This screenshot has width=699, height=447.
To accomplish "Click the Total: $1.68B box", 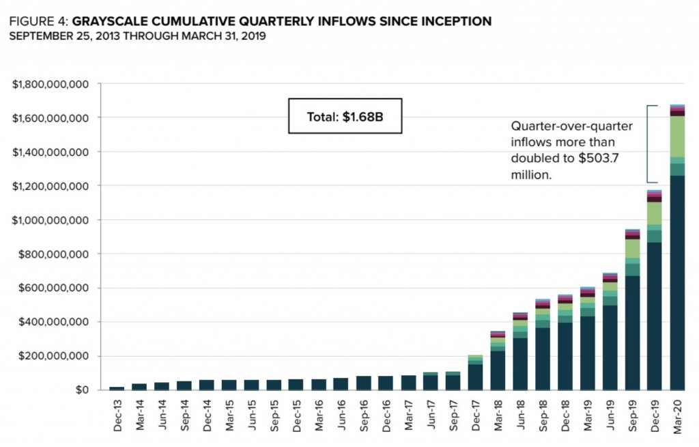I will coord(345,117).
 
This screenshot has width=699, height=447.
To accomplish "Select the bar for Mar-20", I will coord(678,273).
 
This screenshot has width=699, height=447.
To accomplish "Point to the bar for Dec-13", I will coord(116,388).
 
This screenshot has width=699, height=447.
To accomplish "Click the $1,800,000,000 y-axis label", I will coord(51,84).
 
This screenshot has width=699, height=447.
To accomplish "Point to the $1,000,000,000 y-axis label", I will coord(51,220).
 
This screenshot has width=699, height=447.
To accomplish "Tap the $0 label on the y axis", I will coord(82,390).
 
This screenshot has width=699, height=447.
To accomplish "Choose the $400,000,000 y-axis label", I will coord(54,322).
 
